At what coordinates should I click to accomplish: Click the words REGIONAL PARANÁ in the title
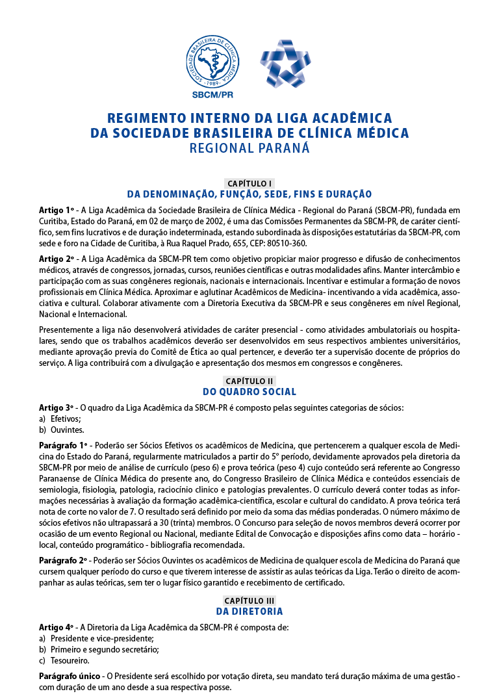coord(249,148)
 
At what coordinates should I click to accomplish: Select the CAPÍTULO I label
coord(249,183)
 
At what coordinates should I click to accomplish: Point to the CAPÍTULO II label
coord(249,381)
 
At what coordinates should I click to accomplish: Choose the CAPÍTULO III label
coord(249,600)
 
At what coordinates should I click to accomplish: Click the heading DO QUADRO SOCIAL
coord(249,392)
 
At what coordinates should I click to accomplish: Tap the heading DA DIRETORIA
coord(249,612)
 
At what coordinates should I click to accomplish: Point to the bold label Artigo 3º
coord(57,407)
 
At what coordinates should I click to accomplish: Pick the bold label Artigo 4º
coord(57,627)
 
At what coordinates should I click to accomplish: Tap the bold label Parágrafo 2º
coord(63,560)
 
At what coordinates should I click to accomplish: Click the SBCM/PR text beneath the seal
coord(212,94)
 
